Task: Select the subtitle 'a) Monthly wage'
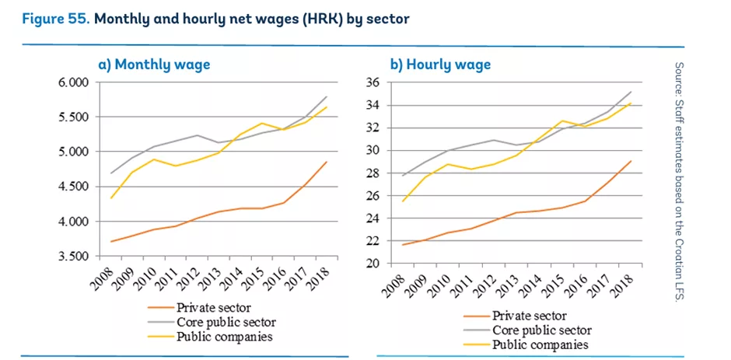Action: pyautogui.click(x=154, y=65)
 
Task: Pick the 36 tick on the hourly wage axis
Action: pyautogui.click(x=372, y=82)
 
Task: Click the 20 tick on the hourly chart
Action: pyautogui.click(x=372, y=264)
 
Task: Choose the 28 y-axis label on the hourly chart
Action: pyautogui.click(x=372, y=173)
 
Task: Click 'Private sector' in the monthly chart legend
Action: pyautogui.click(x=222, y=308)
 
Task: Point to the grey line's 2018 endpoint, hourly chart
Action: pyautogui.click(x=631, y=92)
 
